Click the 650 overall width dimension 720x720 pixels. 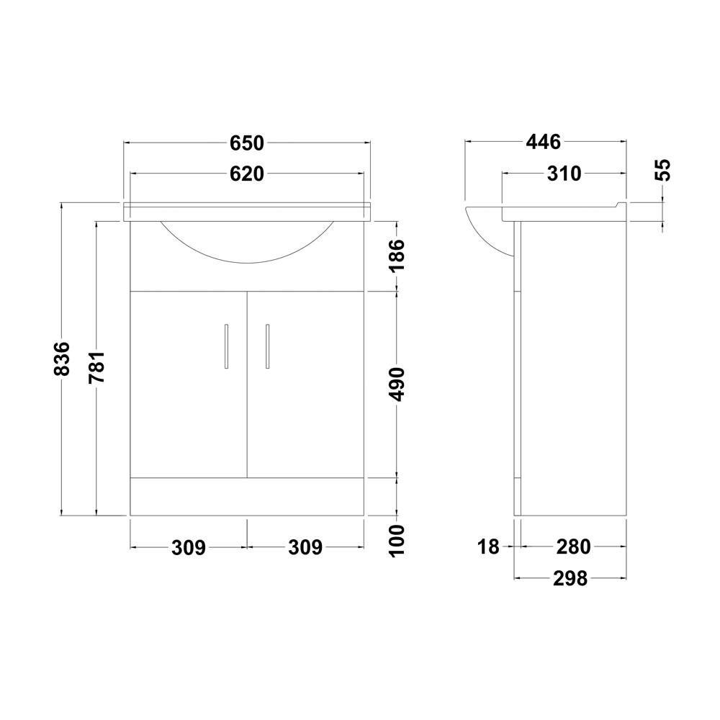coord(248,143)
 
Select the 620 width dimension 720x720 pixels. coord(248,174)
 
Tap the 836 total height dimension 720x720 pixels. coord(63,358)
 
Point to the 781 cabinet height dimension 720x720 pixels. coord(96,367)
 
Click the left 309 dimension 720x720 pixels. coord(189,548)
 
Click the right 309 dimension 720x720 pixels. coord(305,548)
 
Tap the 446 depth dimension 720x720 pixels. coord(543,143)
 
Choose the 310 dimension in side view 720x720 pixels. coord(563,174)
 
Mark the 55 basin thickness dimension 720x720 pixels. coord(663,170)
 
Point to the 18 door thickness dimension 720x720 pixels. coord(488,547)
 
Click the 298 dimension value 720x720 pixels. coord(570,578)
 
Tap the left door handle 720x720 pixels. coord(227,346)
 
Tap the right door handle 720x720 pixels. coord(267,346)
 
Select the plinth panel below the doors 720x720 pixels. coord(247,497)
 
